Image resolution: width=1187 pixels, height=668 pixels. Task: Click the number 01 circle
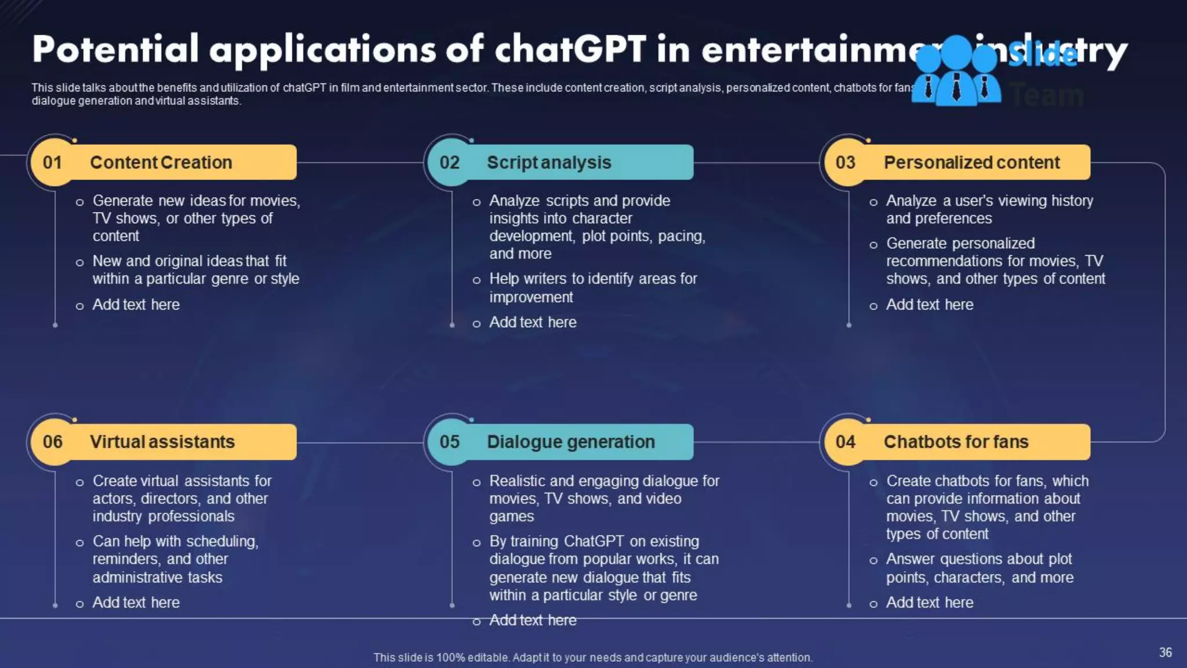click(53, 162)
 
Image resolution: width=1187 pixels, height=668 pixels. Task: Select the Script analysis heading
click(548, 162)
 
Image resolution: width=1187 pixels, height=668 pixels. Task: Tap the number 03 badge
click(846, 162)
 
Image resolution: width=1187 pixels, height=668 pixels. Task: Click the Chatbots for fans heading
click(956, 442)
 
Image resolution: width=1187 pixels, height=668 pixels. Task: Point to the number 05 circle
click(449, 442)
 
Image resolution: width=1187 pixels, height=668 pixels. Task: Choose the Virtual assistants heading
click(162, 442)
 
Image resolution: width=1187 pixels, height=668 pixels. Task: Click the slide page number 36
click(1165, 652)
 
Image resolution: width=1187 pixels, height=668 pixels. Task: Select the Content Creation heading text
click(161, 162)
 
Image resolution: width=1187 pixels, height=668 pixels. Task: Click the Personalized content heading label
click(971, 162)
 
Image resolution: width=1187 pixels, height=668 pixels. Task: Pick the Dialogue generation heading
click(570, 442)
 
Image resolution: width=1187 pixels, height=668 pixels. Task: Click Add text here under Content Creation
click(136, 304)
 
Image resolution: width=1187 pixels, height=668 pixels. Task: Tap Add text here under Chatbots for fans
click(929, 602)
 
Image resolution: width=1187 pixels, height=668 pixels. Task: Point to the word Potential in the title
click(115, 49)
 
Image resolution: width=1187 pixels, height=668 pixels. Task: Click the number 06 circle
click(53, 442)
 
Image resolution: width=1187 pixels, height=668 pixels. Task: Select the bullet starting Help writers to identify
click(592, 288)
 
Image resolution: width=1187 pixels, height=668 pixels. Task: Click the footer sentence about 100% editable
click(592, 658)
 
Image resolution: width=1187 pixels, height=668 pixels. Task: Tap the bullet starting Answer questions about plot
click(979, 568)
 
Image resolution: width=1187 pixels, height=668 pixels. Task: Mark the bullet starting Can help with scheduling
click(175, 559)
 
